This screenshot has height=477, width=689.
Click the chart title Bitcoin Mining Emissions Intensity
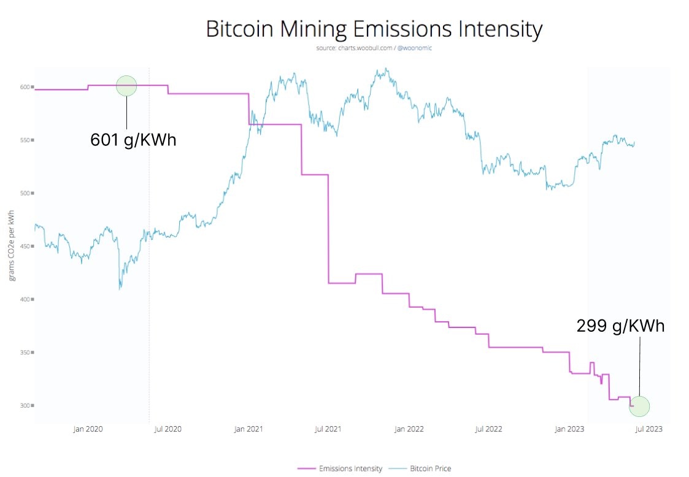click(374, 30)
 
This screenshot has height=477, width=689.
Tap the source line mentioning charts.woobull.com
click(374, 48)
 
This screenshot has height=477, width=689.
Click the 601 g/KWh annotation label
click(133, 140)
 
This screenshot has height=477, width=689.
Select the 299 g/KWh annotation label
click(620, 326)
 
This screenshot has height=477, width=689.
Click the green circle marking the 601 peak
click(126, 86)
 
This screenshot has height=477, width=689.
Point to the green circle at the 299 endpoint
click(639, 406)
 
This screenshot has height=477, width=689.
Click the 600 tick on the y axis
click(26, 87)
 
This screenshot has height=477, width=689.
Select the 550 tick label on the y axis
click(26, 140)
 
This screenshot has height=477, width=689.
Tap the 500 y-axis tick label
click(26, 193)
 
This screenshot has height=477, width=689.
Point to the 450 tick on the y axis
click(26, 246)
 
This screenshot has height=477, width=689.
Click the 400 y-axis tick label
click(26, 299)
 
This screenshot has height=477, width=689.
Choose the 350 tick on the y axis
click(26, 353)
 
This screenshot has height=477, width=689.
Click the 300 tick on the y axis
click(26, 405)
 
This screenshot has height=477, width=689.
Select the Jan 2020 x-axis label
click(88, 429)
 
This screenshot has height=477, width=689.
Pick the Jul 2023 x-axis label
click(648, 429)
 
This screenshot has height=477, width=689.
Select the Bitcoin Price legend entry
click(429, 468)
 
